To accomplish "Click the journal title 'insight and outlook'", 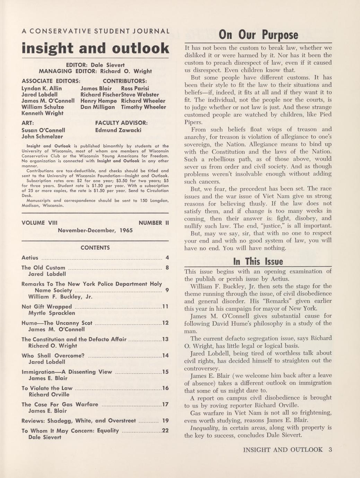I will click(x=95, y=48).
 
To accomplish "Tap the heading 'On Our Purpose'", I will click(x=258, y=35).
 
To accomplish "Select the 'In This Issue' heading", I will click(x=258, y=261).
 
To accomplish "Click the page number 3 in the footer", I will click(x=330, y=450).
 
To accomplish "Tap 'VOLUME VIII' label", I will click(x=38, y=223).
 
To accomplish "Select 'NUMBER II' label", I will click(x=153, y=223).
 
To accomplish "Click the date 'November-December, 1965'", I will click(x=95, y=230).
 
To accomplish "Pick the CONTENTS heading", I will click(x=95, y=248).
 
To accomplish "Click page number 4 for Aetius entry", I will click(x=167, y=258).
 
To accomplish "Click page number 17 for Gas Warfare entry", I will click(x=165, y=404).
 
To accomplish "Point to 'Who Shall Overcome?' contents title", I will click(x=53, y=355).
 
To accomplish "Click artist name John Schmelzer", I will click(x=42, y=136).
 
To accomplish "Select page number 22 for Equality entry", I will click(x=165, y=431).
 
